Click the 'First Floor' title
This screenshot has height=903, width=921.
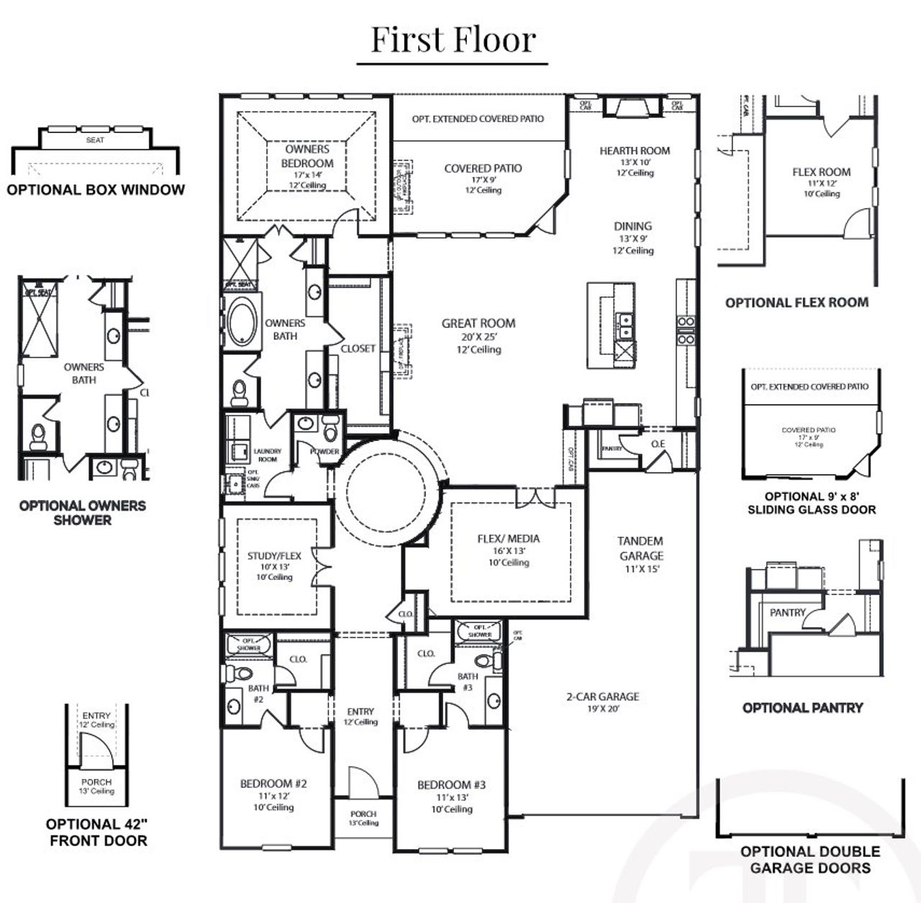[453, 40]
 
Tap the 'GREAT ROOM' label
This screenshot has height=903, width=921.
[478, 324]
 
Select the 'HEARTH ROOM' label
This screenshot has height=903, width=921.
[635, 151]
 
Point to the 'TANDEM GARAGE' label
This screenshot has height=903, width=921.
[640, 548]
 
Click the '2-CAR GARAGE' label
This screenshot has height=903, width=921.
[602, 696]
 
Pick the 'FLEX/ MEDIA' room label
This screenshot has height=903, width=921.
[508, 538]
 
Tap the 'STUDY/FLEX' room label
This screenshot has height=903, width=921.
[274, 555]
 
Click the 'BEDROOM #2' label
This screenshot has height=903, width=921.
[273, 784]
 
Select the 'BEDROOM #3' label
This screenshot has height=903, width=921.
[451, 785]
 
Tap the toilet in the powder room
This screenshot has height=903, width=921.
[330, 430]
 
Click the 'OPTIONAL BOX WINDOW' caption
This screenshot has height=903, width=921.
[96, 190]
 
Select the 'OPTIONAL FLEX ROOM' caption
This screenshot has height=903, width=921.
[797, 303]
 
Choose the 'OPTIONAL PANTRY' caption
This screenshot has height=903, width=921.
[802, 708]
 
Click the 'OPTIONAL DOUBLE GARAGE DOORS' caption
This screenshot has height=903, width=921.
[810, 860]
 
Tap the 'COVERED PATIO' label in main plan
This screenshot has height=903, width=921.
[483, 168]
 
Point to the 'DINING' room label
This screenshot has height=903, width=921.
[632, 226]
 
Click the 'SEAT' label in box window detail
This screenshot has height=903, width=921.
[95, 140]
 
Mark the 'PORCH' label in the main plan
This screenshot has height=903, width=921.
[363, 814]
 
